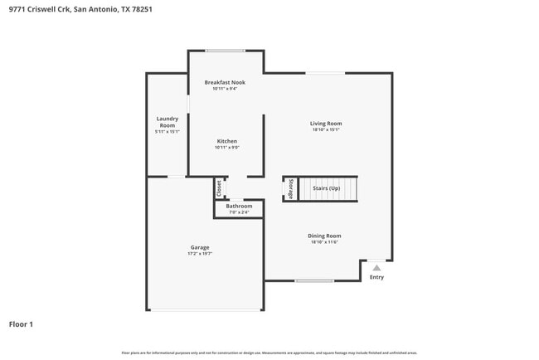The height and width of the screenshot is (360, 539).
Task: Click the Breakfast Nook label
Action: tap(225, 82)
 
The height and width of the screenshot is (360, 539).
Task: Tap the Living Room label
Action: tap(326, 124)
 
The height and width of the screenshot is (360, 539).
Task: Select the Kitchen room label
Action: tap(227, 141)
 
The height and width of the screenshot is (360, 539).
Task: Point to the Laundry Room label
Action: tap(167, 122)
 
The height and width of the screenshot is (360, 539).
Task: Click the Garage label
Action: tap(200, 247)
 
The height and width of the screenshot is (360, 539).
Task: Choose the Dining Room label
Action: tap(326, 236)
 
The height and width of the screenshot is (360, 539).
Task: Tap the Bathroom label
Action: tap(239, 206)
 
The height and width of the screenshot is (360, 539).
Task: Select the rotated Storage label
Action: tap(290, 189)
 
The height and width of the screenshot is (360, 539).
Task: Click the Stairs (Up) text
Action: tap(326, 189)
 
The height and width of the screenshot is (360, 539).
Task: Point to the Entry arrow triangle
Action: tap(376, 268)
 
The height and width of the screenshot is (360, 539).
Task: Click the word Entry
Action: tap(376, 277)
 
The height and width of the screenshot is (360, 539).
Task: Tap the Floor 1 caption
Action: tap(21, 324)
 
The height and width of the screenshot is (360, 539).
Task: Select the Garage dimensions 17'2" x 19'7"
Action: tap(200, 254)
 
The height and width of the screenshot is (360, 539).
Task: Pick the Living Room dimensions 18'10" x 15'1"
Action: tap(326, 130)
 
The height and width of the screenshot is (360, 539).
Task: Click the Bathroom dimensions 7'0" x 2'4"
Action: tap(239, 212)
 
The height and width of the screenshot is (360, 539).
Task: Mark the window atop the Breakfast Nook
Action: tap(225, 51)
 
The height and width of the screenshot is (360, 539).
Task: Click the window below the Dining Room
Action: tap(314, 280)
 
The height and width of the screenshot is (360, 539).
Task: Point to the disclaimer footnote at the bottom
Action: tap(269, 353)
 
